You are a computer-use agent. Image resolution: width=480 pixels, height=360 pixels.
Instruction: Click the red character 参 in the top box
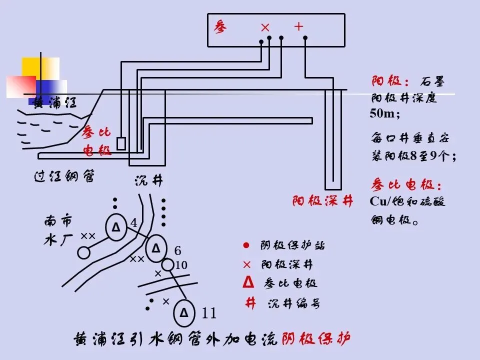coord(220,26)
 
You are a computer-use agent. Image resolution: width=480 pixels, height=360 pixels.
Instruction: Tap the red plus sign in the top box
coord(298,26)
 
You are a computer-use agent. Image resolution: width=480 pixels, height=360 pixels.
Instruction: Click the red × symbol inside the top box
coord(265,27)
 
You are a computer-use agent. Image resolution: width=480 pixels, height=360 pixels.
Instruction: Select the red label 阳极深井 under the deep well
coord(323,201)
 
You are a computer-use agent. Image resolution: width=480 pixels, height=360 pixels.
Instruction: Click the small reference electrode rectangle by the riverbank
coord(121,143)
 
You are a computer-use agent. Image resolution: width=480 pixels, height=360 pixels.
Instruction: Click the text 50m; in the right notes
coord(385,113)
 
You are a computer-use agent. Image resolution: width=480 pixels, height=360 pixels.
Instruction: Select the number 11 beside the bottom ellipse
coord(208,313)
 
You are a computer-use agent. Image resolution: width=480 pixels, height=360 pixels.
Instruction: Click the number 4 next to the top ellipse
coord(133,223)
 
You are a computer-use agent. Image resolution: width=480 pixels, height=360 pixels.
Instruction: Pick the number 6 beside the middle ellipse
coord(177,250)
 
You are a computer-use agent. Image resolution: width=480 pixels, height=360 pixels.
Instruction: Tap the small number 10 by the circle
coord(181,265)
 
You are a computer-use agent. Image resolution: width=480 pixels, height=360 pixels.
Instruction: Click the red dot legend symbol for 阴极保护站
coord(246,245)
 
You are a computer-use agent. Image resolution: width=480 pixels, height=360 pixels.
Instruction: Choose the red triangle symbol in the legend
coord(246,282)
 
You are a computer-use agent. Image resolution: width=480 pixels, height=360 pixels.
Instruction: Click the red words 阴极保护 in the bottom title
coord(315,339)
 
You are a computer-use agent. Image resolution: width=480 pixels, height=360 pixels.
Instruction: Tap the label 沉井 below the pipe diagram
coord(148,181)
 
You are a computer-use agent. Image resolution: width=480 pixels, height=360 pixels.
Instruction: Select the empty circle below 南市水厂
coord(84,253)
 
